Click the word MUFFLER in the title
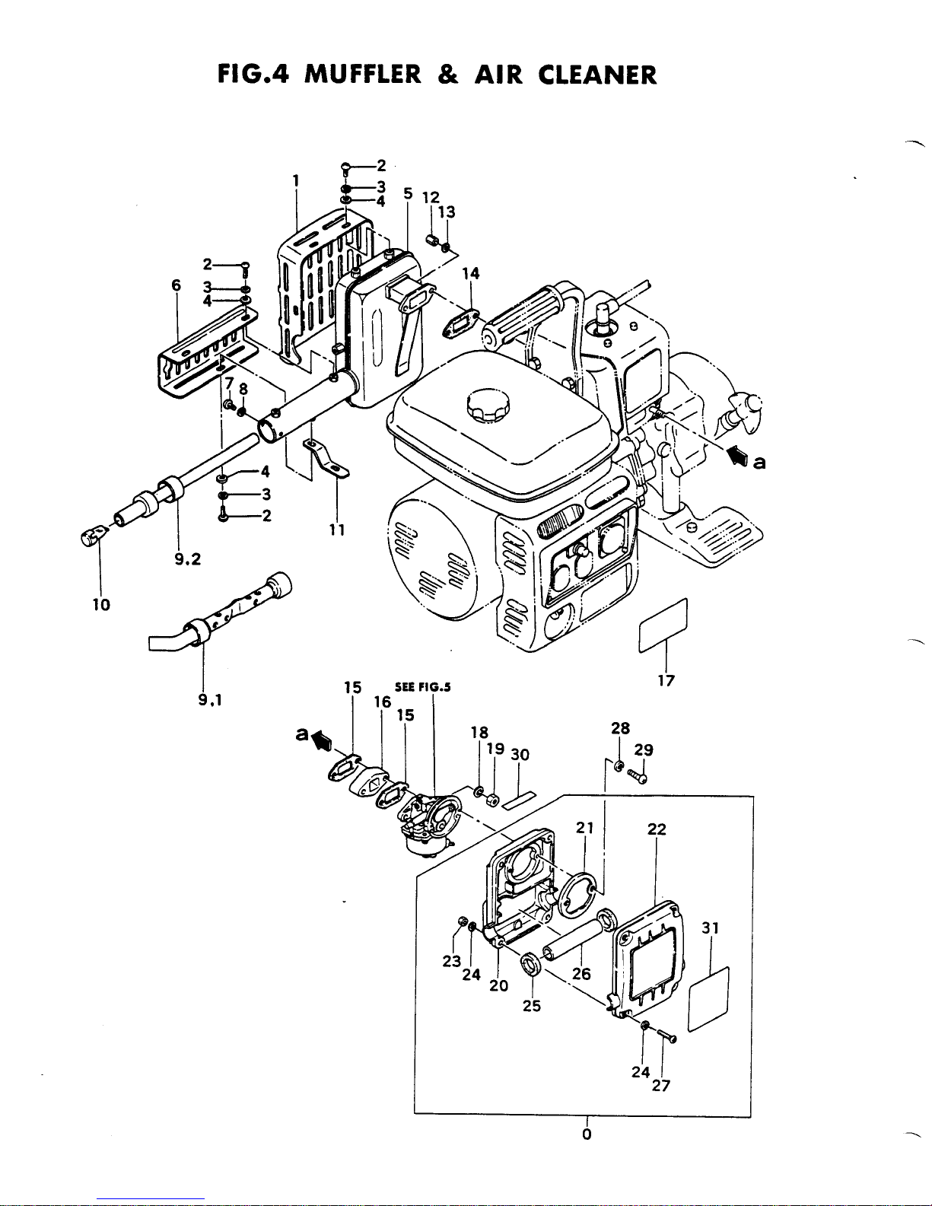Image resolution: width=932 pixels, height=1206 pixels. coord(363,75)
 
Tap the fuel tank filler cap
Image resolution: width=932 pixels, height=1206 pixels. coord(488,407)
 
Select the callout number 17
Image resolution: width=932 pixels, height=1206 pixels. coord(666,680)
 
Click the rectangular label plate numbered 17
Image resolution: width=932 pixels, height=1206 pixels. coord(663,625)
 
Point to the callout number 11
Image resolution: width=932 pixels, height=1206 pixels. coord(337,530)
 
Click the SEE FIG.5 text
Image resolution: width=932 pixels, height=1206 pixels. coord(423,687)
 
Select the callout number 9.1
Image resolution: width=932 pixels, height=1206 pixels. coord(210,701)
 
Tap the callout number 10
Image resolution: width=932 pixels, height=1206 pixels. coord(101,604)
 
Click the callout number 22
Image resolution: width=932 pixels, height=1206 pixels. coord(657,829)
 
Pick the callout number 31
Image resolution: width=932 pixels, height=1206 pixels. coord(710,928)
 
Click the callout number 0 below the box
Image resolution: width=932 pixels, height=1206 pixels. coord(587,1134)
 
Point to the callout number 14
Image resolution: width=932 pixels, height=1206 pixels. coord(471,273)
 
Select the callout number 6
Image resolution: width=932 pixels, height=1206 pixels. coord(177,285)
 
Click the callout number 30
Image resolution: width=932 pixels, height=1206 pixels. coord(520,754)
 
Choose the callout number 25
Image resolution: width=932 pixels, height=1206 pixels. coord(532,1006)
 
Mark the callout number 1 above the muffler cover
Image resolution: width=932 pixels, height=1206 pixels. coord(296,180)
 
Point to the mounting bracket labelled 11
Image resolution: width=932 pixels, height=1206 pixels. coord(326,459)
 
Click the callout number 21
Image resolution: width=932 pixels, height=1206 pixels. coord(585,828)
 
